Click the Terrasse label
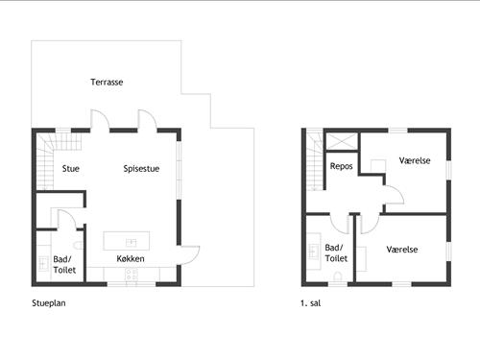click(107, 83)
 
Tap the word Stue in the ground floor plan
click(71, 169)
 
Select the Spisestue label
click(141, 169)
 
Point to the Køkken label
click(131, 258)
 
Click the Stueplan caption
click(49, 303)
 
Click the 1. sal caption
click(310, 303)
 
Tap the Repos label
click(341, 166)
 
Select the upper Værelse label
click(415, 160)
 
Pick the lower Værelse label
click(402, 250)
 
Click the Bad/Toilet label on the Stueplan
click(64, 264)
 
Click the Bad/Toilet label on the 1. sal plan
click(336, 252)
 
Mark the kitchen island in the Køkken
click(127, 241)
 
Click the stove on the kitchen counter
click(132, 276)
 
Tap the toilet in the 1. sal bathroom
click(338, 276)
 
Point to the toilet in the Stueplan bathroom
click(79, 246)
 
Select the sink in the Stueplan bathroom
click(43, 263)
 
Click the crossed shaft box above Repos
click(342, 141)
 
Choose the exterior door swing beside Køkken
click(188, 255)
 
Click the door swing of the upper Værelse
click(394, 195)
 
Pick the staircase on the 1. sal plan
click(315, 161)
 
